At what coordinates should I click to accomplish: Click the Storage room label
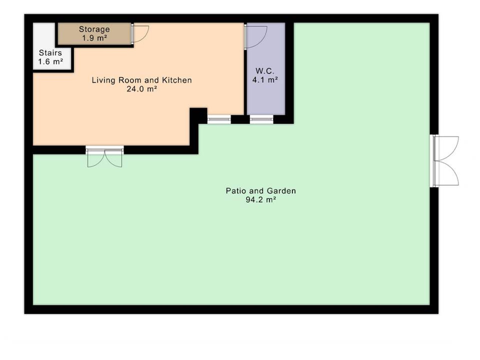pos(94,29)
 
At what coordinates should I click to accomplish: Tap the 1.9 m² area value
pos(95,38)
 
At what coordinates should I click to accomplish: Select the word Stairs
pos(50,53)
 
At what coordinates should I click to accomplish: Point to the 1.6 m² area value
pos(51,62)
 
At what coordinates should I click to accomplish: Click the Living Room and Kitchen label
pos(142,80)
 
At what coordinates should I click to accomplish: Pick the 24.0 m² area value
pos(142,89)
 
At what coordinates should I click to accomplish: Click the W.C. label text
pos(265,71)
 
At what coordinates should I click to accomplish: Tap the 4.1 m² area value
pos(265,80)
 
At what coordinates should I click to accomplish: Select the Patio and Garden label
pos(261,191)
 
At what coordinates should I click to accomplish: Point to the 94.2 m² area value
pos(261,200)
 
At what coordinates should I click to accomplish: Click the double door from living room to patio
pos(105,157)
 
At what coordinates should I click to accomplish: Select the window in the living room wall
pos(219,119)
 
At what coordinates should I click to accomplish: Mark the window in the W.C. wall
pos(261,119)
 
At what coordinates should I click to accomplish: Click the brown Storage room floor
pos(95,34)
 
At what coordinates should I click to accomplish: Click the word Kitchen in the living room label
pos(177,80)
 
